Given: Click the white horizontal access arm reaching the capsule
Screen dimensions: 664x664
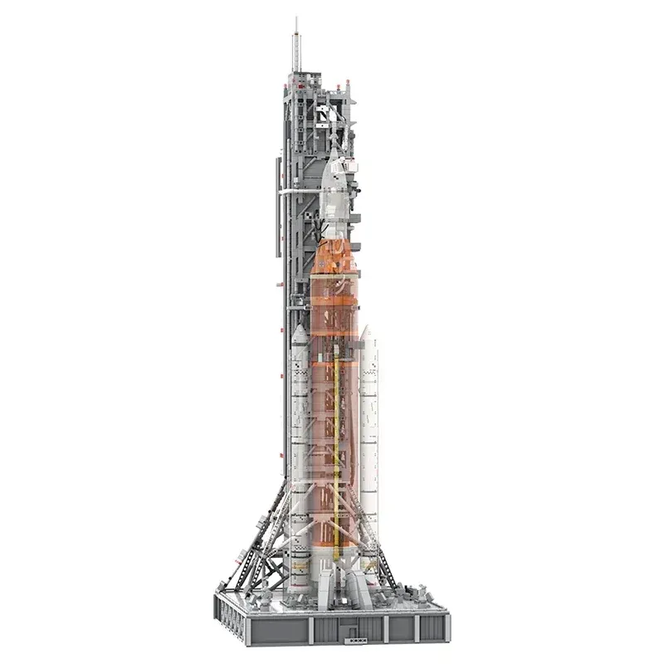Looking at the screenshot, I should [307, 192].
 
